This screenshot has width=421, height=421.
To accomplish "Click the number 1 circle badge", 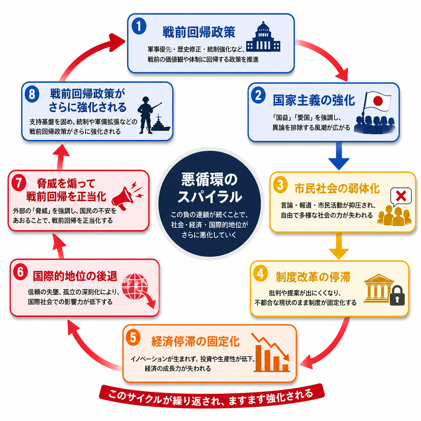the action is point(139,27).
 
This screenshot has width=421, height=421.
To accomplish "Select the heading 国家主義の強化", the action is point(314,100).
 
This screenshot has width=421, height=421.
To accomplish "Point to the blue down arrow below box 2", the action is point(339,156).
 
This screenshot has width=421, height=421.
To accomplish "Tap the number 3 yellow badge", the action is point(280,185).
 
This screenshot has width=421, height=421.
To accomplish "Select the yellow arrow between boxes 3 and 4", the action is point(339,246).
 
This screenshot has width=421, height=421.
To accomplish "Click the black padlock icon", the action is point(397,296).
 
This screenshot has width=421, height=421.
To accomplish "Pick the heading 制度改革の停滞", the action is point(313,277).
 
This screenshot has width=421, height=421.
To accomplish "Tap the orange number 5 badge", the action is point(133,338).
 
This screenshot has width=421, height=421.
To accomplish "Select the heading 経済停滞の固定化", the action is point(195,341).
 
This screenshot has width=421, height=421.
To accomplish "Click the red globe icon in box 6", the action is point(135,286).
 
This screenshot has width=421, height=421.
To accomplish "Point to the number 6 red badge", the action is point(20,272).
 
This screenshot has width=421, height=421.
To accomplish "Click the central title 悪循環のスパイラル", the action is point(209,188).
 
